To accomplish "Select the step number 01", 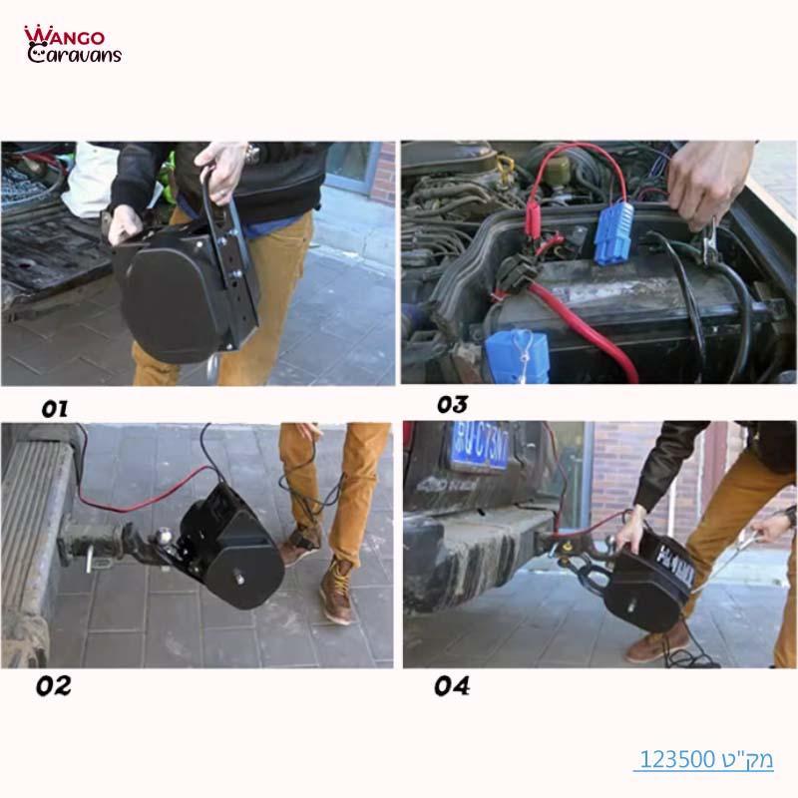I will (55, 408).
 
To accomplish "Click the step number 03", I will (452, 405).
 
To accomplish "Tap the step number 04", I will (451, 686).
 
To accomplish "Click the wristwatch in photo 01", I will (252, 153).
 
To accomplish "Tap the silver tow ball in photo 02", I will (161, 540).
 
